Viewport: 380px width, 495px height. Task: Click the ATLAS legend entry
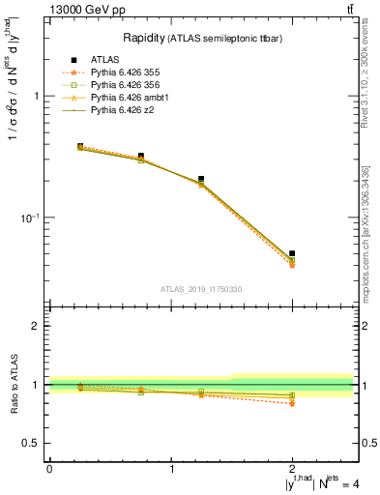(105, 59)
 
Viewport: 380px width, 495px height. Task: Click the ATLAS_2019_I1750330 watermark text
(200, 289)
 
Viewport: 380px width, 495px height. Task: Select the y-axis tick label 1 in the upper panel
(36, 97)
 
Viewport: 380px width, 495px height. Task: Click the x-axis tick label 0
(49, 469)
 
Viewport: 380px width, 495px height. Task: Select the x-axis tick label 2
(292, 469)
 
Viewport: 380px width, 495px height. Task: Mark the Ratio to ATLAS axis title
(12, 384)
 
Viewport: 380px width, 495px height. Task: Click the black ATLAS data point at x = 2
(292, 253)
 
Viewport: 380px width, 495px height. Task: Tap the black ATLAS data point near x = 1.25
(201, 179)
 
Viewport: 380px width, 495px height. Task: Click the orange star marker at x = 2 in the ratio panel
(292, 403)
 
